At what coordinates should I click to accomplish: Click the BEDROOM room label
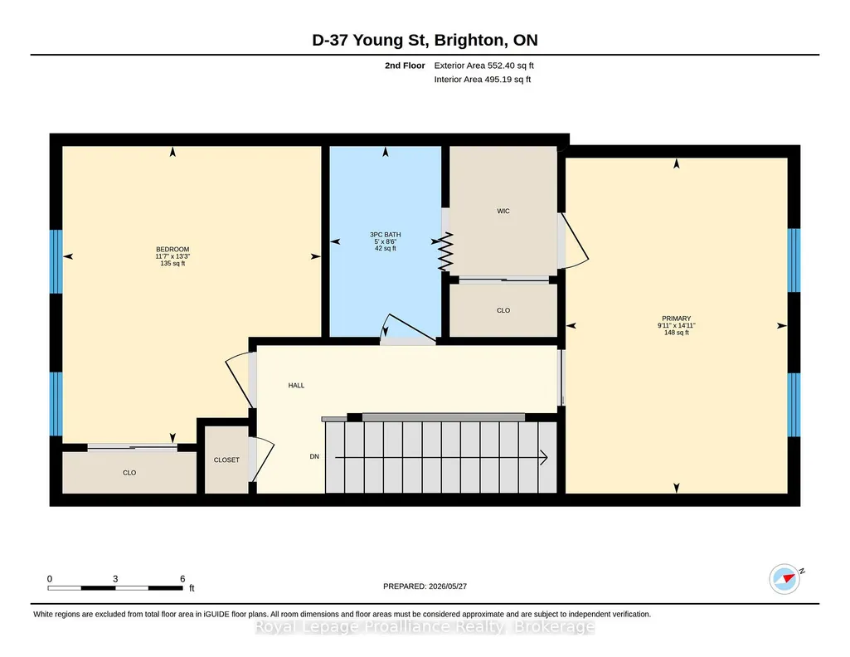coord(172,250)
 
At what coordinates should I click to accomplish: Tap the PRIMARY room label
coord(676,319)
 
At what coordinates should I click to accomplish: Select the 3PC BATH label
coord(386,235)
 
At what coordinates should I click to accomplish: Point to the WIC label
coord(503,211)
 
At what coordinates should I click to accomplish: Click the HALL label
coord(296,386)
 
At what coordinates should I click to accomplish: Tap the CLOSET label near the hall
coord(226,460)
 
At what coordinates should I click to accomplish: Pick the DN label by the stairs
coord(314,456)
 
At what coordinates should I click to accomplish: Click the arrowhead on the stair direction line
coord(543,458)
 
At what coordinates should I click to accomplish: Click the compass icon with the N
coord(784,579)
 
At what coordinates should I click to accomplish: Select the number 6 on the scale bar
coord(182,579)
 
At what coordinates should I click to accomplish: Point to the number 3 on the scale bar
coord(115,579)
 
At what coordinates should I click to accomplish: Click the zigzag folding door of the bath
coord(445,251)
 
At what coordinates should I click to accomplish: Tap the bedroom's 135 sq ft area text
coord(172,264)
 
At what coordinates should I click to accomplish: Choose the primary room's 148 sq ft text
coord(676,333)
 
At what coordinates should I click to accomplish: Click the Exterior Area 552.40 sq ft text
coord(484,66)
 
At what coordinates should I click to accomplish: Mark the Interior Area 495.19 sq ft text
coord(483,80)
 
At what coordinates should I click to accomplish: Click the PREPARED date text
coord(425,586)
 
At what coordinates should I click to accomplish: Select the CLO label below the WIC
coord(503,310)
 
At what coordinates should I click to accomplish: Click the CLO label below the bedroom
coord(129,473)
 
